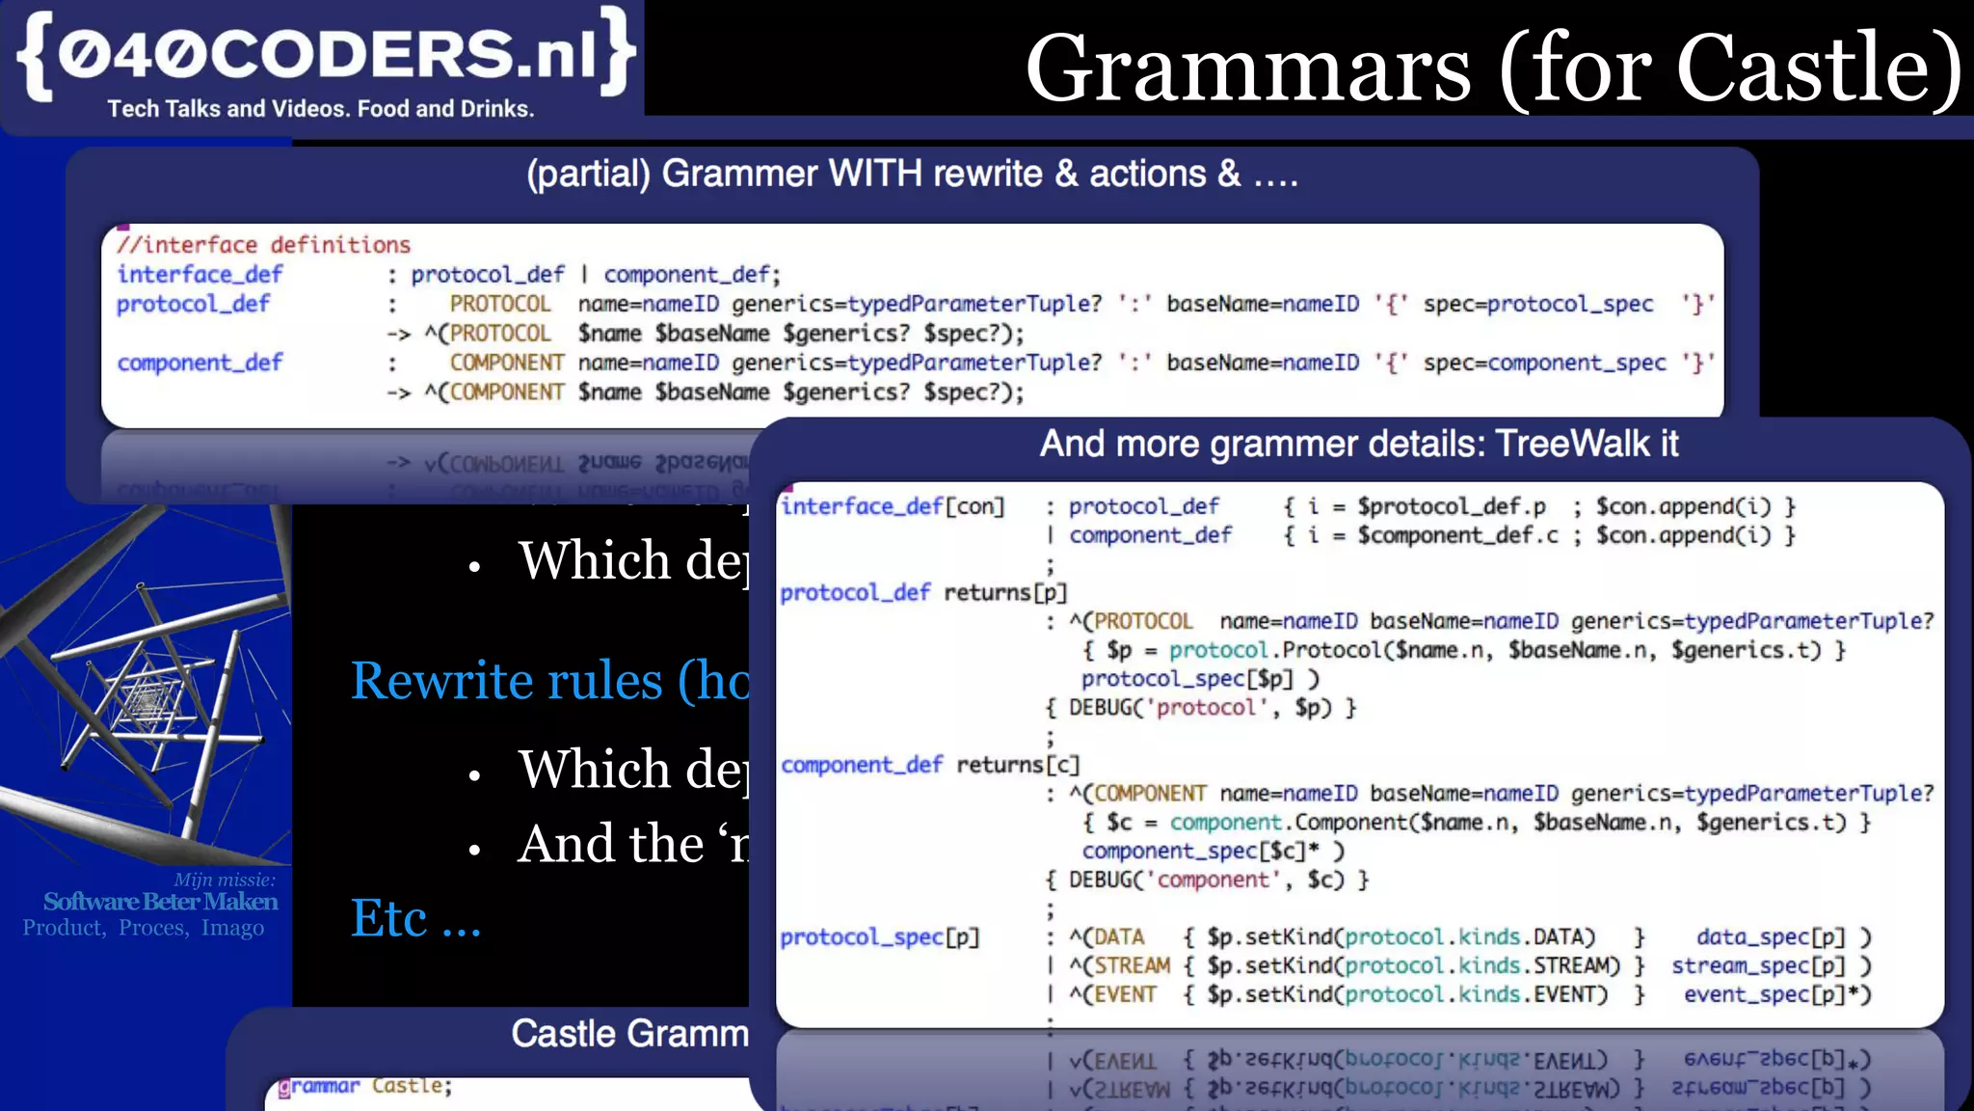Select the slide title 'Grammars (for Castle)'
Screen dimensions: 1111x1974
tap(1492, 68)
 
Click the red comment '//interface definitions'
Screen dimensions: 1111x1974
tap(264, 245)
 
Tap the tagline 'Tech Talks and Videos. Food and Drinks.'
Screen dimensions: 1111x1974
tap(320, 109)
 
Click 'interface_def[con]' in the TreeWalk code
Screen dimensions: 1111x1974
tap(893, 506)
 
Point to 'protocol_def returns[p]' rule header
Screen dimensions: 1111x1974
tap(922, 592)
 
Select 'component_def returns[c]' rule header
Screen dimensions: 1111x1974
tap(929, 765)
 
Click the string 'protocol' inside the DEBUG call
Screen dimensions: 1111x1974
tap(1206, 708)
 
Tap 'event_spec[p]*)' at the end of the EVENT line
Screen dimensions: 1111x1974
tap(1776, 994)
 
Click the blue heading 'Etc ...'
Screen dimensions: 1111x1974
tap(415, 918)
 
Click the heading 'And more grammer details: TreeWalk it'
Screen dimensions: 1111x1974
tap(1358, 445)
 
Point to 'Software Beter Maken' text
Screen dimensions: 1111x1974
tap(160, 902)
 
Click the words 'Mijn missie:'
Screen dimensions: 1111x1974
tap(224, 880)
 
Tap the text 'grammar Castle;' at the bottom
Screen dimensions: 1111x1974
tap(365, 1086)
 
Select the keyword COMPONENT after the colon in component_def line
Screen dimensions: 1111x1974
tap(506, 363)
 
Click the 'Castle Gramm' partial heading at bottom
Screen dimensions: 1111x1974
tap(629, 1034)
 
